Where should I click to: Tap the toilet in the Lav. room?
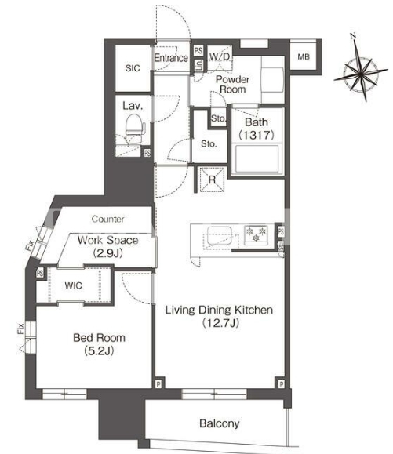tap(135, 129)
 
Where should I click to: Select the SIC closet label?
tap(133, 68)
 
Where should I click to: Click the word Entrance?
tap(171, 58)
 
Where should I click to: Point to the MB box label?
tap(304, 56)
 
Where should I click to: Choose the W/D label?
tap(220, 56)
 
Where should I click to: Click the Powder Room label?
tap(232, 84)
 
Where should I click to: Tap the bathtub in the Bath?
tap(257, 158)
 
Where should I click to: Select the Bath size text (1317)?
tap(257, 135)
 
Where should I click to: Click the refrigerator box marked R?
tap(212, 180)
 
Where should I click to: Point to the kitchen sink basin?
tap(219, 235)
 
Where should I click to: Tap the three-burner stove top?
tap(256, 234)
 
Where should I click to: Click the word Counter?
tap(107, 219)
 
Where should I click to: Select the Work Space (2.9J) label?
tap(107, 247)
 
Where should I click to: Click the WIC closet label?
tap(73, 285)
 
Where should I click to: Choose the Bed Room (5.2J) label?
tap(99, 344)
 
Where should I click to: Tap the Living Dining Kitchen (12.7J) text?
tap(219, 316)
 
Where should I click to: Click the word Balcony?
tap(219, 423)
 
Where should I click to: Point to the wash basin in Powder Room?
tap(272, 80)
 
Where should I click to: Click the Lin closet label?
tap(198, 65)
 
